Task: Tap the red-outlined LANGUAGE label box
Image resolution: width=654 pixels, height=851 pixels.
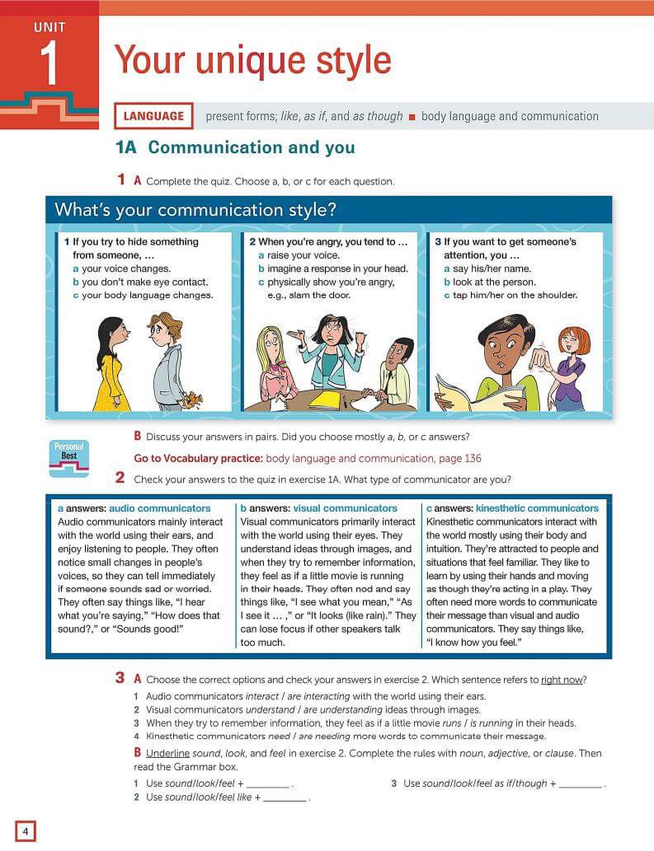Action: pos(153,116)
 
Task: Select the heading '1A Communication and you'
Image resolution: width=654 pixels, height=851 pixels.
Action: pos(236,148)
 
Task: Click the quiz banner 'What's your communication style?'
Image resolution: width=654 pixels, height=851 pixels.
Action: pos(195,210)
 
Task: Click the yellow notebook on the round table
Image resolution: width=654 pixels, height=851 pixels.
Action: pos(324,400)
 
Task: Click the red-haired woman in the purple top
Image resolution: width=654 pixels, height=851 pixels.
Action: pos(570,363)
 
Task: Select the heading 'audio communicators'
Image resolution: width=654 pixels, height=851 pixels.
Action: pos(159,508)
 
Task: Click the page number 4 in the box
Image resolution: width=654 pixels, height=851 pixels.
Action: pos(26,831)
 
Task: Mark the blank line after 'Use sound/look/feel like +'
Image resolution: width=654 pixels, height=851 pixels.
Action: pos(285,798)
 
